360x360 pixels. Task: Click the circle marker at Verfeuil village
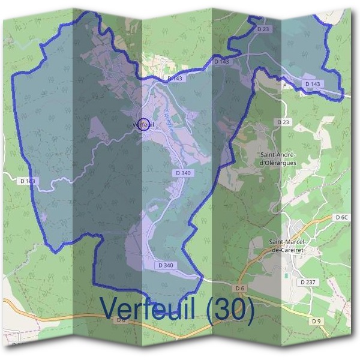click(x=143, y=124)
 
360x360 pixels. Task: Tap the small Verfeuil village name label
click(x=142, y=125)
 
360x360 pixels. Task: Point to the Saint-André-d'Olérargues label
click(x=278, y=158)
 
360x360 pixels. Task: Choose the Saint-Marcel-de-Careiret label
click(x=289, y=245)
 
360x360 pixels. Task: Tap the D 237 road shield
click(x=308, y=282)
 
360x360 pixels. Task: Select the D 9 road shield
click(x=317, y=321)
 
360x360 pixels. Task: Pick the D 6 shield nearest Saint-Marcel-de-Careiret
click(x=240, y=289)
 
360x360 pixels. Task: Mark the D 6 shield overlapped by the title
click(x=121, y=320)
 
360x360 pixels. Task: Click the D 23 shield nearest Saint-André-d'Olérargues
click(x=283, y=122)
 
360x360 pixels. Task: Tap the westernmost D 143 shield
click(x=28, y=181)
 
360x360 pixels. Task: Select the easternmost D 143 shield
click(x=313, y=84)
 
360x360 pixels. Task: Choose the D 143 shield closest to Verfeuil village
click(x=175, y=78)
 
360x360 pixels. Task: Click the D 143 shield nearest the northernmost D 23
click(x=221, y=61)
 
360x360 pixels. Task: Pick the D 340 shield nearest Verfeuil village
click(x=184, y=173)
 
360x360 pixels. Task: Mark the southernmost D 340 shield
click(x=165, y=265)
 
